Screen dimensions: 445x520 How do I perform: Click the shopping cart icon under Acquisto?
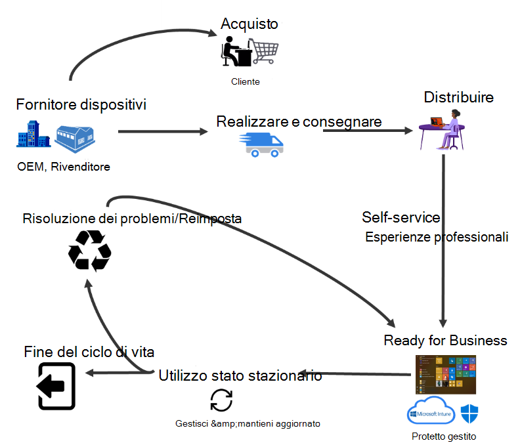click(265, 52)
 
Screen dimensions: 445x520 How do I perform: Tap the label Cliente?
click(246, 82)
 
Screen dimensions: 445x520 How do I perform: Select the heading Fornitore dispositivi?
click(81, 104)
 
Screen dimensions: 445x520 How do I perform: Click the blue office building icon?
click(34, 136)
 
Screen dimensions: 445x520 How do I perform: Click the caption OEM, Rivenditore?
click(64, 167)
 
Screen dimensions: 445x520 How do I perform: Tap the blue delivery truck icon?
click(263, 144)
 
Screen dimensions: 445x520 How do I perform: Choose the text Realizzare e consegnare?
click(299, 121)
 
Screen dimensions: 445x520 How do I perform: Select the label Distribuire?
click(458, 98)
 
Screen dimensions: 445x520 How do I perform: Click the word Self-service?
click(401, 217)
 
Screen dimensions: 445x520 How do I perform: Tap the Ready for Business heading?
click(445, 341)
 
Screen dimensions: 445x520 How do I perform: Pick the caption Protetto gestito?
click(443, 436)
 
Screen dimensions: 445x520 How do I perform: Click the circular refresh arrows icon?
click(221, 400)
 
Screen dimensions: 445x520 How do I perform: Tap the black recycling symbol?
click(91, 250)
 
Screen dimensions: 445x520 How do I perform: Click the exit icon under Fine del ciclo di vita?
click(56, 387)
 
